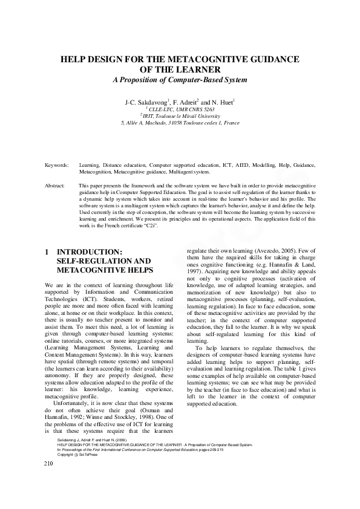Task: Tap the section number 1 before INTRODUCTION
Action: point(47,251)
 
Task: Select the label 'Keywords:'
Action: point(57,164)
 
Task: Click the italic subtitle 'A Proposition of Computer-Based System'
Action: point(180,80)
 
